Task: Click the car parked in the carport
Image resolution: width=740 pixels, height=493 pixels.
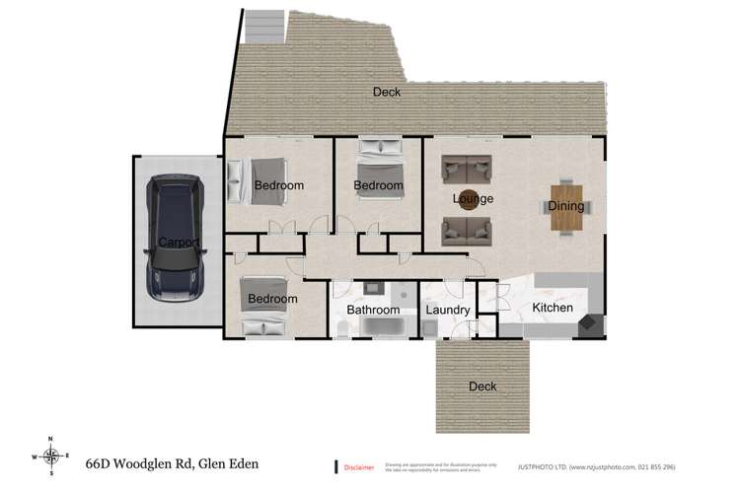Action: click(176, 237)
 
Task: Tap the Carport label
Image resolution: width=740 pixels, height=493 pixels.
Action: click(179, 243)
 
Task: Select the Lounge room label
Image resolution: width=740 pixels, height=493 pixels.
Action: click(473, 199)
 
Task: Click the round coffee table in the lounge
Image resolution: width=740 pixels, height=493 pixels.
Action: click(467, 200)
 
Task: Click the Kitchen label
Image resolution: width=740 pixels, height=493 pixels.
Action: click(553, 309)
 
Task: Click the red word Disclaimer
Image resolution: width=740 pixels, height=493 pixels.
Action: click(359, 464)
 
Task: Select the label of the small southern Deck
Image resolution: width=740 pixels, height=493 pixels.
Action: click(482, 387)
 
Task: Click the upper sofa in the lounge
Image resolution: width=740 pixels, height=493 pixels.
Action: click(466, 168)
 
